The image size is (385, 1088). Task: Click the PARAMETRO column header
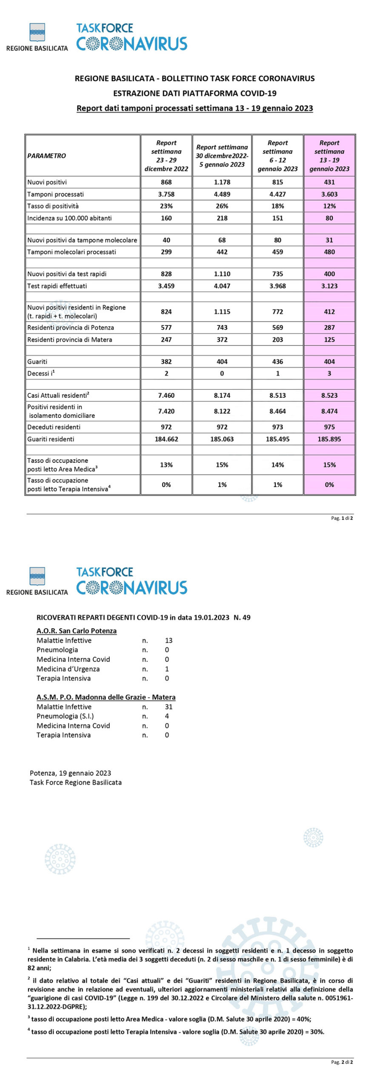click(47, 156)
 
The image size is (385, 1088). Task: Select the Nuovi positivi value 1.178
click(222, 182)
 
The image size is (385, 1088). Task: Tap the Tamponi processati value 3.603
click(329, 194)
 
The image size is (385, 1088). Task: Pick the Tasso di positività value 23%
click(166, 206)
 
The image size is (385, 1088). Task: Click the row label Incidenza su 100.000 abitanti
click(69, 218)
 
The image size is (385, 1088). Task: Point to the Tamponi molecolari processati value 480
click(329, 252)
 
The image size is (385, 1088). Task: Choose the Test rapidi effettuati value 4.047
click(222, 286)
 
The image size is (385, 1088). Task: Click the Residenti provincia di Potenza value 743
click(222, 328)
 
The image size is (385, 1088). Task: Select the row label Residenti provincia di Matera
click(70, 340)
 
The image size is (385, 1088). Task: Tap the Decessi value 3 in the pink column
click(329, 374)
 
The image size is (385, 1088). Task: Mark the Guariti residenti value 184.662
click(166, 439)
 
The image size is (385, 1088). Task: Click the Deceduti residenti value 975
click(329, 427)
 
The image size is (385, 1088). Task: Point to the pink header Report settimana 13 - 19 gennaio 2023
click(329, 156)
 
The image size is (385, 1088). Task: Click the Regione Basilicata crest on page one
click(37, 32)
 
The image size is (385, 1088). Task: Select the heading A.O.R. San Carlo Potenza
click(77, 631)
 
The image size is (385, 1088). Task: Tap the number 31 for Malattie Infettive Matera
click(169, 707)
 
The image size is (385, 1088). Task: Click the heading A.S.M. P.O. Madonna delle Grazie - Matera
click(106, 697)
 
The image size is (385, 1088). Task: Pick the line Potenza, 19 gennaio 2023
click(70, 773)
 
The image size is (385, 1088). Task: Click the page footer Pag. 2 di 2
click(342, 1062)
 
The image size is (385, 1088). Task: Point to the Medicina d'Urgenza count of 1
click(167, 669)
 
